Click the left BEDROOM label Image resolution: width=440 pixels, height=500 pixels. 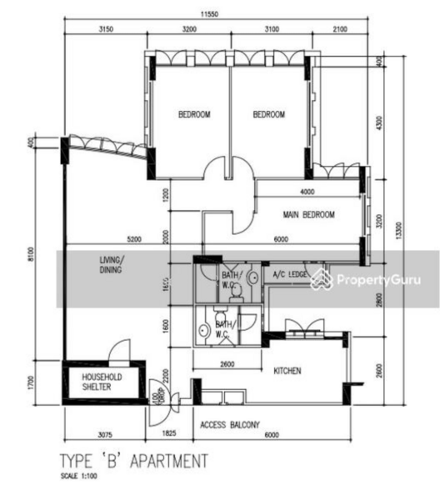coord(193,115)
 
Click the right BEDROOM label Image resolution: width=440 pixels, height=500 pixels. coord(268,115)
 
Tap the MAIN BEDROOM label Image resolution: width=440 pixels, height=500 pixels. coord(308,215)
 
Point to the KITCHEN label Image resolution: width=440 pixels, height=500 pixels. coord(287,371)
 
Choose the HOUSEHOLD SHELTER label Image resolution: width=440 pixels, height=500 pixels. coord(102,382)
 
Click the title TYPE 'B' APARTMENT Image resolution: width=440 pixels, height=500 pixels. coord(133,461)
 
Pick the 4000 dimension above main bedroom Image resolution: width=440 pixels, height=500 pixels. coord(307,192)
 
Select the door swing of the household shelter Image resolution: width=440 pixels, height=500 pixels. coord(122,350)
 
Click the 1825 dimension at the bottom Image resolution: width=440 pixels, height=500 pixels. coord(169,434)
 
